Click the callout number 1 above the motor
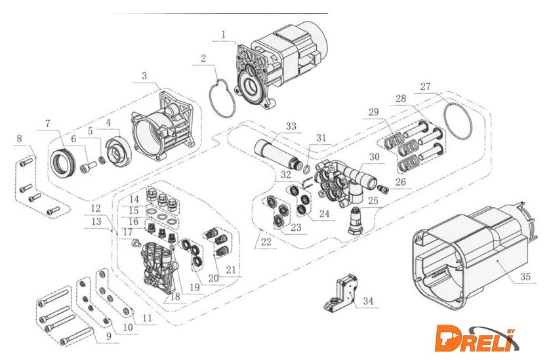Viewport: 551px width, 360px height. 224,33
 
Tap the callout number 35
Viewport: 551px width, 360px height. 524,277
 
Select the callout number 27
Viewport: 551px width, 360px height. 426,87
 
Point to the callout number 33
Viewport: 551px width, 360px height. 290,126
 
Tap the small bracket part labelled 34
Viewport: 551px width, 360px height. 342,292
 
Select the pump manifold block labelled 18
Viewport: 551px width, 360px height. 158,266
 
